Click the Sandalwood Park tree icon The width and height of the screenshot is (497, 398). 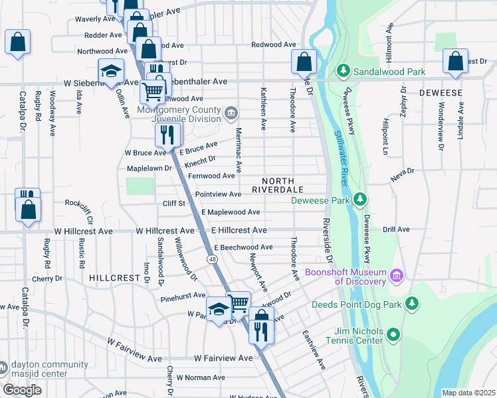pyautogui.click(x=343, y=70)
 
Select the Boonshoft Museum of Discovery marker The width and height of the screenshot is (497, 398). pyautogui.click(x=397, y=274)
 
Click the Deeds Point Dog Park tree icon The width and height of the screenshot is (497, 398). pyautogui.click(x=413, y=304)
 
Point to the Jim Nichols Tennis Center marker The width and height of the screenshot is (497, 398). pyautogui.click(x=393, y=335)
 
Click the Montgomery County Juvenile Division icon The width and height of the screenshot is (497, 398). pyautogui.click(x=230, y=112)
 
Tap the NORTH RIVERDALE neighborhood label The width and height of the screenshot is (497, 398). pyautogui.click(x=278, y=185)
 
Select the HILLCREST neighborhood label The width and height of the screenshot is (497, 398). pyautogui.click(x=113, y=279)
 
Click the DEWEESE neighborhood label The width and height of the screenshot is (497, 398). pyautogui.click(x=441, y=93)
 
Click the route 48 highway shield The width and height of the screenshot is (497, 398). pyautogui.click(x=211, y=258)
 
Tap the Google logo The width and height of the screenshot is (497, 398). pyautogui.click(x=22, y=390)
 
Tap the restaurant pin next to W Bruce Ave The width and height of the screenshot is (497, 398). pyautogui.click(x=168, y=134)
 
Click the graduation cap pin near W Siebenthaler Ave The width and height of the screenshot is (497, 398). pyautogui.click(x=111, y=71)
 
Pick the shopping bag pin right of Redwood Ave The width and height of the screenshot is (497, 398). pyautogui.click(x=304, y=62)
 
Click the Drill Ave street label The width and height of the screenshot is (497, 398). pyautogui.click(x=396, y=230)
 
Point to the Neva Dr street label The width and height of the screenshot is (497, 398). pyautogui.click(x=402, y=171)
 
